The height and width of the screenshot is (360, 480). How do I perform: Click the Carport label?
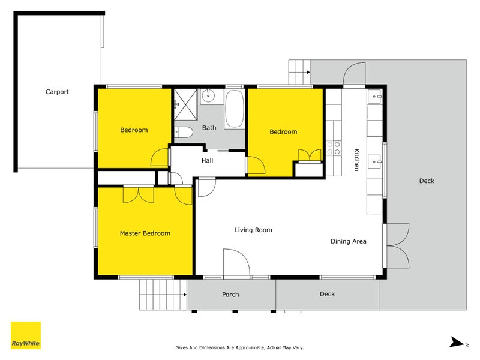coord(57,92)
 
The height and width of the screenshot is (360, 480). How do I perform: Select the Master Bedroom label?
coord(145,233)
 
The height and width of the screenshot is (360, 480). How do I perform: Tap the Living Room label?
coord(253,230)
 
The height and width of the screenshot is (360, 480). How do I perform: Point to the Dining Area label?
coord(348,241)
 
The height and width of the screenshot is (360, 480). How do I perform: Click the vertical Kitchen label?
coord(356,160)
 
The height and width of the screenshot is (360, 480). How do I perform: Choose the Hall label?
coord(207,160)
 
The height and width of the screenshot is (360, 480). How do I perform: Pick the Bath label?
coord(209,128)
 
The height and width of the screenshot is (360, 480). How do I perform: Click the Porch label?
coord(230,294)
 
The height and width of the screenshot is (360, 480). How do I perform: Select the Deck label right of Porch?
coord(327,294)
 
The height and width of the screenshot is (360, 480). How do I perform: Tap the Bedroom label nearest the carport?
coord(134,130)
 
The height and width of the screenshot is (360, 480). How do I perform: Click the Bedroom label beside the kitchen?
coord(283,132)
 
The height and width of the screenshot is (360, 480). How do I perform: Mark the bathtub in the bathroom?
coord(234,109)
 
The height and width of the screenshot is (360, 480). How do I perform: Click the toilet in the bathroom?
coord(183,132)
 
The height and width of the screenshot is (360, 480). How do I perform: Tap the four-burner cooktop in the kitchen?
coord(333,148)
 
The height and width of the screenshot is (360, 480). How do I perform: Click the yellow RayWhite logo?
coord(26,335)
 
